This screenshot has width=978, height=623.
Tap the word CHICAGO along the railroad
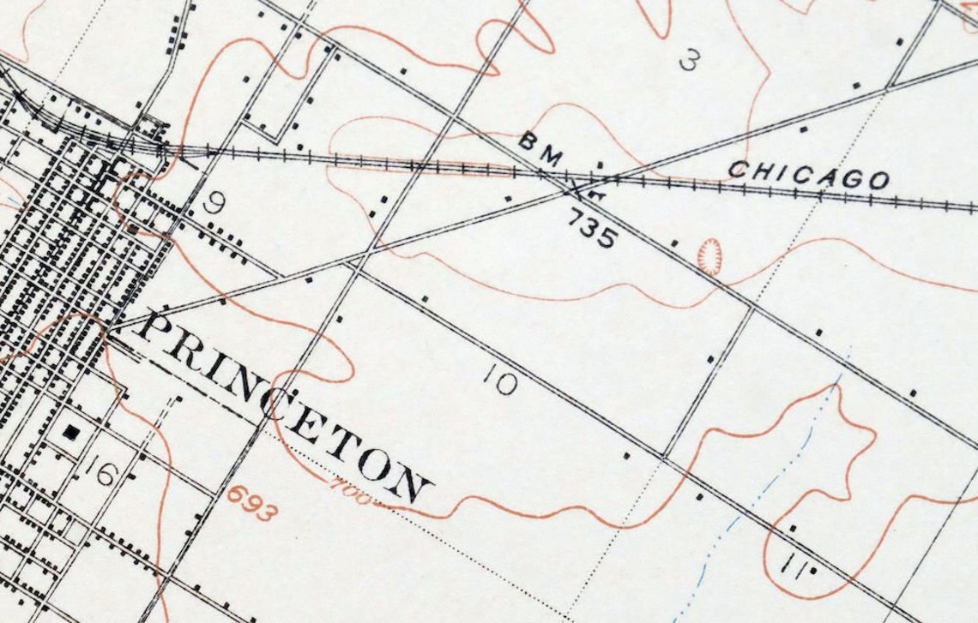click(x=808, y=174)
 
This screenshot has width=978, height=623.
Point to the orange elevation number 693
click(x=253, y=503)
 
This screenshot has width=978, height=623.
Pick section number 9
click(x=215, y=203)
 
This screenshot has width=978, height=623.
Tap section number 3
click(x=690, y=61)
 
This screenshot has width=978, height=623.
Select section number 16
click(x=103, y=472)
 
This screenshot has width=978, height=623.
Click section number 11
click(x=796, y=567)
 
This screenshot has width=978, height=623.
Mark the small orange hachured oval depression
click(x=709, y=256)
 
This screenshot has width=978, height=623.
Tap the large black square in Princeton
click(x=72, y=433)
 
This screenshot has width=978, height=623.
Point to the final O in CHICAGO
click(x=878, y=180)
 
